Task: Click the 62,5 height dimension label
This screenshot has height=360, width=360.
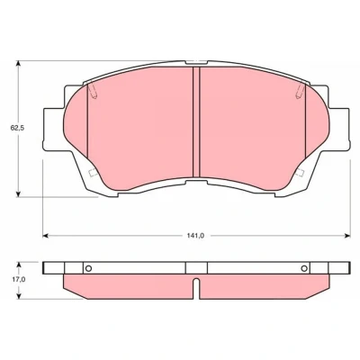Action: click(x=17, y=128)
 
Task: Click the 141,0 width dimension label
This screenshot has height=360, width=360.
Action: click(x=195, y=236)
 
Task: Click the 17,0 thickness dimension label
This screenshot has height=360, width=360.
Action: click(x=19, y=280)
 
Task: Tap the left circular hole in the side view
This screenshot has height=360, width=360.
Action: click(x=88, y=268)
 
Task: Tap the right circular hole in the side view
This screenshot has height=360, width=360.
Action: click(x=304, y=268)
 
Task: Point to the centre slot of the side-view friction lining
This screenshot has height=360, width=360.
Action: click(x=196, y=289)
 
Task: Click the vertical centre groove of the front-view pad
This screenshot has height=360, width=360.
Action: click(x=196, y=121)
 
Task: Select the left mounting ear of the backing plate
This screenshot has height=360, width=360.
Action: click(x=54, y=129)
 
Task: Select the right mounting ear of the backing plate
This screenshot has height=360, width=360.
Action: click(x=339, y=129)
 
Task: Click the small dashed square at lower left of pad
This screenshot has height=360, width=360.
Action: click(x=93, y=173)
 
